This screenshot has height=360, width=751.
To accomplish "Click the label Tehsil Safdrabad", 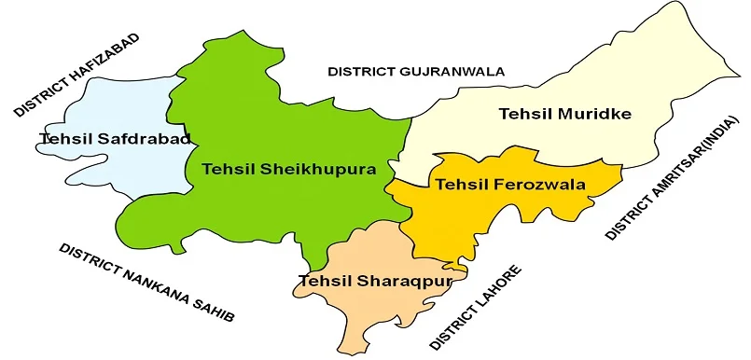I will pos(115,139).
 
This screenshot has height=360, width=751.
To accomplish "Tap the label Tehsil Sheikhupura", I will pos(289,170).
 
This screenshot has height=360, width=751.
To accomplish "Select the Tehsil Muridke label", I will pos(565,115).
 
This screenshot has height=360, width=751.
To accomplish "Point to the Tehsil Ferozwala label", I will pos(510,185).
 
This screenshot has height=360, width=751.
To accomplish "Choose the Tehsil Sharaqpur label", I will pos(382,280).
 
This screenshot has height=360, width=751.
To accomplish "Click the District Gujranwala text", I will pos(415,71).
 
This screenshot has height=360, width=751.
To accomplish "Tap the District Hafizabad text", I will pos(76,75).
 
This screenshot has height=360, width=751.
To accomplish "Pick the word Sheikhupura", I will pos(317,170).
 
